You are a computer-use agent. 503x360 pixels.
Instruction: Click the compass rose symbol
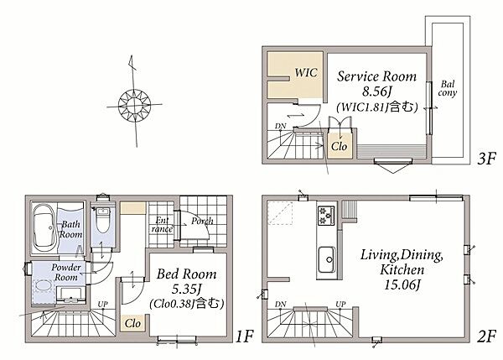(134, 105)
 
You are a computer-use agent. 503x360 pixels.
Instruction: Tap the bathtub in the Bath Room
(44, 228)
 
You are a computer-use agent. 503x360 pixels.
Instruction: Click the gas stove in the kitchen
(326, 215)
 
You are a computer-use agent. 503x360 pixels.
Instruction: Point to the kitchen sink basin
(327, 258)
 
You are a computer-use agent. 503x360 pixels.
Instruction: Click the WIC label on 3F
(306, 72)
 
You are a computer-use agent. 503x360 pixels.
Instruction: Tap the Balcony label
(448, 89)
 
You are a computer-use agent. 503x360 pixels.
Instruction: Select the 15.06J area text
(402, 284)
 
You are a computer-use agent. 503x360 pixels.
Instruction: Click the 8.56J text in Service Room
(377, 91)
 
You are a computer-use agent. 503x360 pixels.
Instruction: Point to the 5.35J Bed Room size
(187, 289)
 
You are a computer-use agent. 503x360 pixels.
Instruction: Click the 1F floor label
(245, 337)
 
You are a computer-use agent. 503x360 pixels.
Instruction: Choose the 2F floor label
(486, 337)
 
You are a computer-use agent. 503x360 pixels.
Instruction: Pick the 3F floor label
(486, 159)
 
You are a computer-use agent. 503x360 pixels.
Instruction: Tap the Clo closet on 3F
(340, 147)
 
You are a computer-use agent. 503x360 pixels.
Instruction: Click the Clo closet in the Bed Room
(132, 323)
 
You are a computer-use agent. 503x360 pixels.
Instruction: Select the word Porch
(202, 222)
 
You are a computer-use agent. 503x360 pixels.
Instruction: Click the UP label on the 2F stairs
(340, 304)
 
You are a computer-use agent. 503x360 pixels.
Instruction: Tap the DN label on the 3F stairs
(280, 126)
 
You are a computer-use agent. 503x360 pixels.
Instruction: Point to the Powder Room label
(66, 272)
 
